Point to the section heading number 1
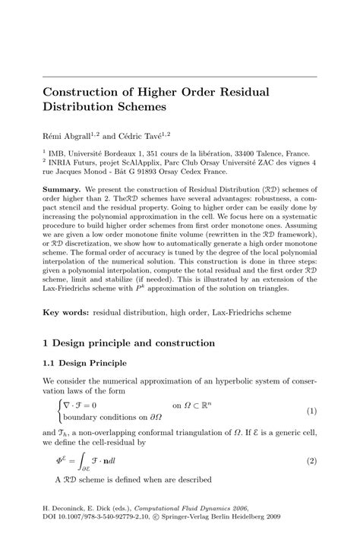tap(46, 343)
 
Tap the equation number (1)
tap(311, 411)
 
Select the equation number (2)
tap(311, 459)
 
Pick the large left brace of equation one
tap(58, 411)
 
